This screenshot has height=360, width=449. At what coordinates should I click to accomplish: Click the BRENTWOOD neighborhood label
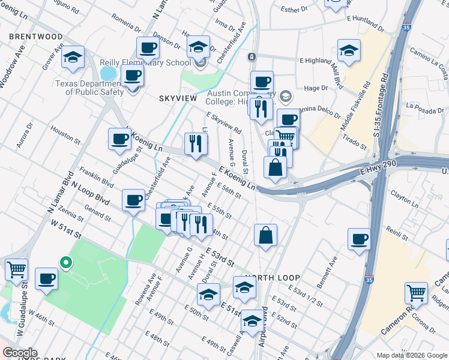point(35,37)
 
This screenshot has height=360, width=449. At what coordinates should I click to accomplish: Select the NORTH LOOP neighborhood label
point(267,278)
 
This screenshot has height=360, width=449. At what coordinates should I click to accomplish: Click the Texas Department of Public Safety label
point(90,88)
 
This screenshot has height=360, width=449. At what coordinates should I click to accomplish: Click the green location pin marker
point(65,263)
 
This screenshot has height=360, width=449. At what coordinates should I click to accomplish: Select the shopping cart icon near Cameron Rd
point(416,293)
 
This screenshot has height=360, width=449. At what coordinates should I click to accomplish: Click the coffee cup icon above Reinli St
point(360,239)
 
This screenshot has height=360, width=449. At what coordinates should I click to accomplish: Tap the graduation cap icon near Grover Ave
point(73,57)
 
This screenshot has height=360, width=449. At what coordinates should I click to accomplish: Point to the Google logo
point(19,353)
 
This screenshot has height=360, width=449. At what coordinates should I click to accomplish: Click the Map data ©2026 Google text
point(412,355)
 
